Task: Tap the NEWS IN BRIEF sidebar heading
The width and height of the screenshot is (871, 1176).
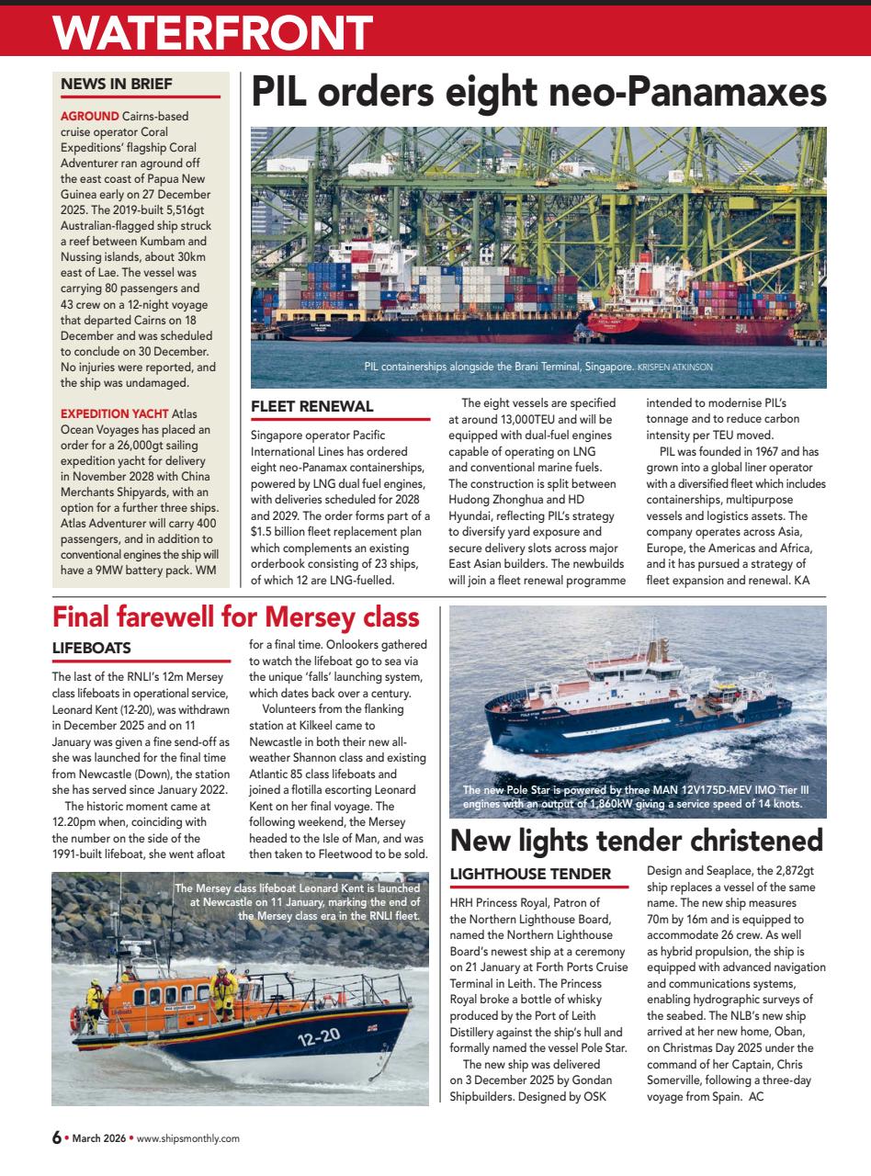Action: tap(116, 84)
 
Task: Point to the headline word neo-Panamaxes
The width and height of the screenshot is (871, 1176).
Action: tap(662, 95)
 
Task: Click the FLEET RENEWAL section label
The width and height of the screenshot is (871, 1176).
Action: tap(311, 405)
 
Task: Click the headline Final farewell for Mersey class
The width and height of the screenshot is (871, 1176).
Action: tap(236, 616)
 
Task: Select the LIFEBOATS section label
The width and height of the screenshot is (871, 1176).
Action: tap(91, 648)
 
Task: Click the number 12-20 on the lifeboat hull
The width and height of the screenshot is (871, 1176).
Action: tap(319, 1037)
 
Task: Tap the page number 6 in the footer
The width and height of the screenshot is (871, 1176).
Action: tap(56, 1137)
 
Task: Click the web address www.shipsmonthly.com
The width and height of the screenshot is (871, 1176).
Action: tap(187, 1138)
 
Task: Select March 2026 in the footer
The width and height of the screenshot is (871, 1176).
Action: tap(100, 1138)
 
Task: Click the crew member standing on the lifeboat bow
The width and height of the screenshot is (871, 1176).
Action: tap(223, 985)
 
